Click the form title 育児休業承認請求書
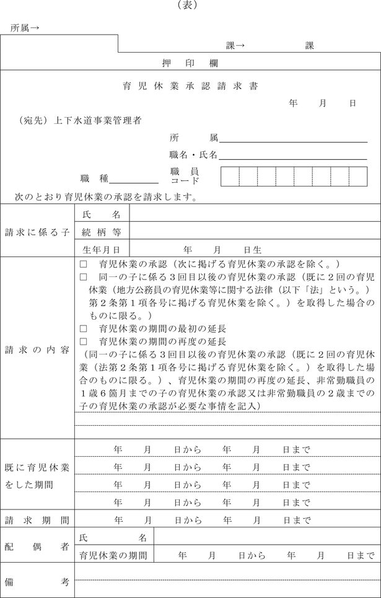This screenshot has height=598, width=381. [190, 86]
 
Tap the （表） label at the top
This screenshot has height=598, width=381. [190, 6]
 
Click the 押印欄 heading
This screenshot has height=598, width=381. [190, 63]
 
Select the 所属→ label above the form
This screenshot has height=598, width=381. [25, 28]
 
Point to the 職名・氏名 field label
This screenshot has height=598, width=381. [193, 155]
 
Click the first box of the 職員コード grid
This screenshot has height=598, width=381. [230, 176]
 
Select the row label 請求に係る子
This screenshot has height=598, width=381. [37, 232]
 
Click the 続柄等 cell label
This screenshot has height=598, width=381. [102, 232]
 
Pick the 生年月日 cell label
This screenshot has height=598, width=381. [102, 249]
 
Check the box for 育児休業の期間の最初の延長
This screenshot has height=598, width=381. [84, 329]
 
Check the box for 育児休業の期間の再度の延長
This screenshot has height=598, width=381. [84, 341]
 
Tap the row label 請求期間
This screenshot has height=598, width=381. [37, 519]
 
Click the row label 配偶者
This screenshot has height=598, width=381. [37, 545]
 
